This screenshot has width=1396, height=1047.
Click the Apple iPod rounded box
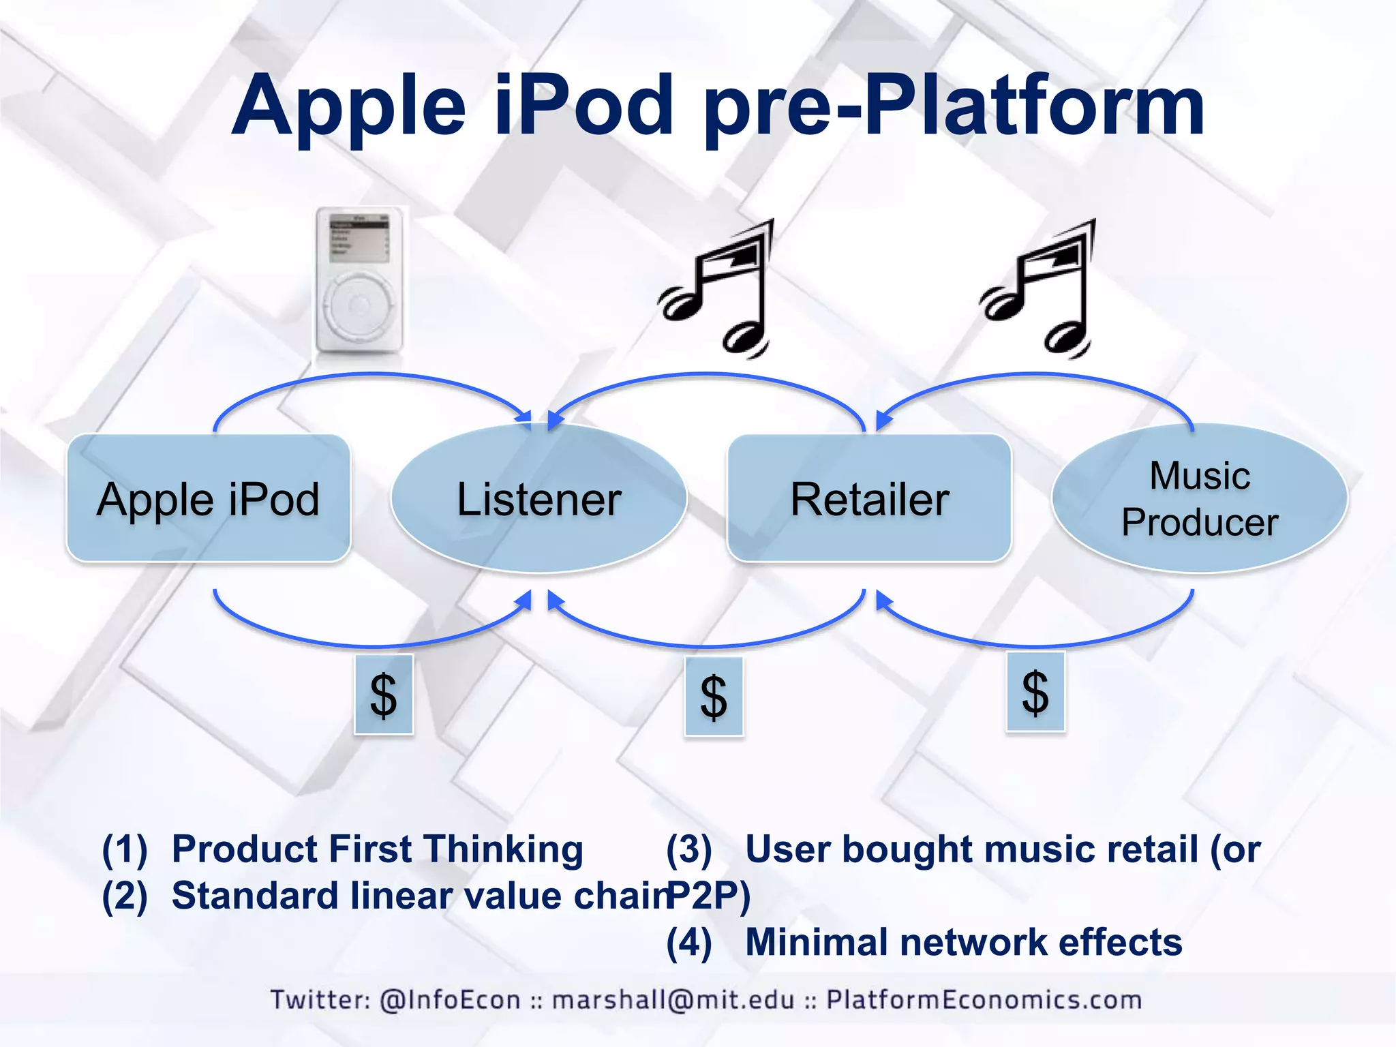pos(208,498)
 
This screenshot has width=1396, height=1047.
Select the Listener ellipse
pos(538,498)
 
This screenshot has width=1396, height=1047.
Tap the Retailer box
pos(869,498)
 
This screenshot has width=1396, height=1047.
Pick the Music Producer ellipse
pos(1200,498)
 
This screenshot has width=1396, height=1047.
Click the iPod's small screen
pos(359,238)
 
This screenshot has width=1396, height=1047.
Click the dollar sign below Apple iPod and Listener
pos(384,695)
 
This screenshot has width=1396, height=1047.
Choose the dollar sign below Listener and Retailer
pos(714,697)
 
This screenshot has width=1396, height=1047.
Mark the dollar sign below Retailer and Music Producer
pos(1035,692)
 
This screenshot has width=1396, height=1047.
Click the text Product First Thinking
pos(377,849)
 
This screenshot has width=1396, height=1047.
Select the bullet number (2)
pos(125,896)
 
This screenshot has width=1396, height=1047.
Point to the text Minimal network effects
pos(963,942)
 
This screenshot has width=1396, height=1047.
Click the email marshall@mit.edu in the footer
pos(673,1000)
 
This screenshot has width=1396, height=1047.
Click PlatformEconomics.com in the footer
pos(984,1000)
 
